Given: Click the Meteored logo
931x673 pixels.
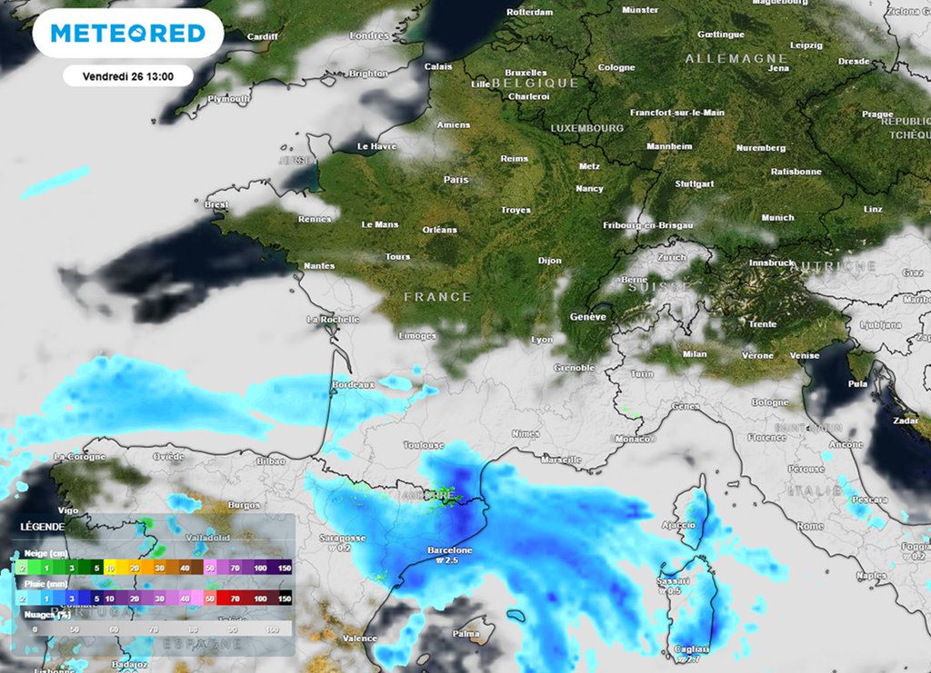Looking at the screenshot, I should (127, 34).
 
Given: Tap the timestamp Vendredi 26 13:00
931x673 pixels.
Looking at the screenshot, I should (128, 76).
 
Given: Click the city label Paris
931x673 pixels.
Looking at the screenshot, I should (455, 180).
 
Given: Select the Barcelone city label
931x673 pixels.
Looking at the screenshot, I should (450, 550).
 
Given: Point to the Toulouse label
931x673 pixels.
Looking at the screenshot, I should (424, 446).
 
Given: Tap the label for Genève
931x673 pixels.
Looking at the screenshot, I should (587, 317).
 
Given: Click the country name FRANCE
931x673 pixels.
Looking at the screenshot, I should (437, 297).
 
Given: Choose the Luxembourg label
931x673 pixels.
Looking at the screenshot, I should (586, 129).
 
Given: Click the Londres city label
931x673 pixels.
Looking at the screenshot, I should (369, 36).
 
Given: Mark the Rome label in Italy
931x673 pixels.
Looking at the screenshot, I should (810, 526).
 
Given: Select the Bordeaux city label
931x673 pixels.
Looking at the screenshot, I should (354, 385).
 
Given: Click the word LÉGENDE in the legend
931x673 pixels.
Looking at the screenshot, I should (43, 527).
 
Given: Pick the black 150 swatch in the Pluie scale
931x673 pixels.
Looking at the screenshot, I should (284, 599).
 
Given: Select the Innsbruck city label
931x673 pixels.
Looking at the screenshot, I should (771, 262).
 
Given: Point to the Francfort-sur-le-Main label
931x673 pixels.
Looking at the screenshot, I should (677, 113).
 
